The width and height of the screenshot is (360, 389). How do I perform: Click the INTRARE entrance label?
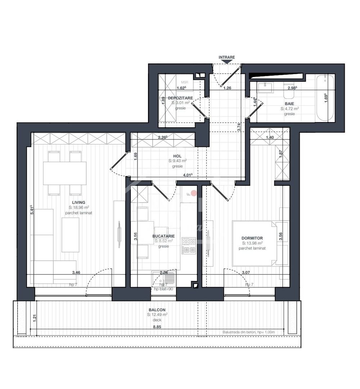click(227, 57)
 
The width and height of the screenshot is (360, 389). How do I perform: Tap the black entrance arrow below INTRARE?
click(227, 62)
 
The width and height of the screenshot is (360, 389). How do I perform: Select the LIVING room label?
click(78, 202)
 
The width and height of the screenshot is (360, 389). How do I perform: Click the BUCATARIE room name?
click(163, 236)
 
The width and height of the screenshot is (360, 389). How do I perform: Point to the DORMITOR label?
click(252, 238)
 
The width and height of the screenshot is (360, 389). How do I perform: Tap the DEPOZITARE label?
click(180, 98)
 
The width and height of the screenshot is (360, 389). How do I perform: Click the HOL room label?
click(177, 156)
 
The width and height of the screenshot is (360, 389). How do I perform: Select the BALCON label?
click(157, 310)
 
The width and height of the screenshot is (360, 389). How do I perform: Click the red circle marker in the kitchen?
click(194, 193)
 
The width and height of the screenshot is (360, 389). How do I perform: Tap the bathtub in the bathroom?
click(325, 98)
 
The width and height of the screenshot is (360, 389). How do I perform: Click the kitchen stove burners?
click(189, 245)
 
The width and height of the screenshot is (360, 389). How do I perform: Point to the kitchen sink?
click(164, 278)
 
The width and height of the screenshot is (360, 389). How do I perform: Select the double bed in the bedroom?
click(255, 243)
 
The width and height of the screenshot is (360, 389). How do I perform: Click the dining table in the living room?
click(65, 173)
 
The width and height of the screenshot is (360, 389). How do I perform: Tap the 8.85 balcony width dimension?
click(157, 327)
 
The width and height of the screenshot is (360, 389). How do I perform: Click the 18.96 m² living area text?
click(78, 207)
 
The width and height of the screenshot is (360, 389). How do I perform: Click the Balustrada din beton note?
click(249, 332)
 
